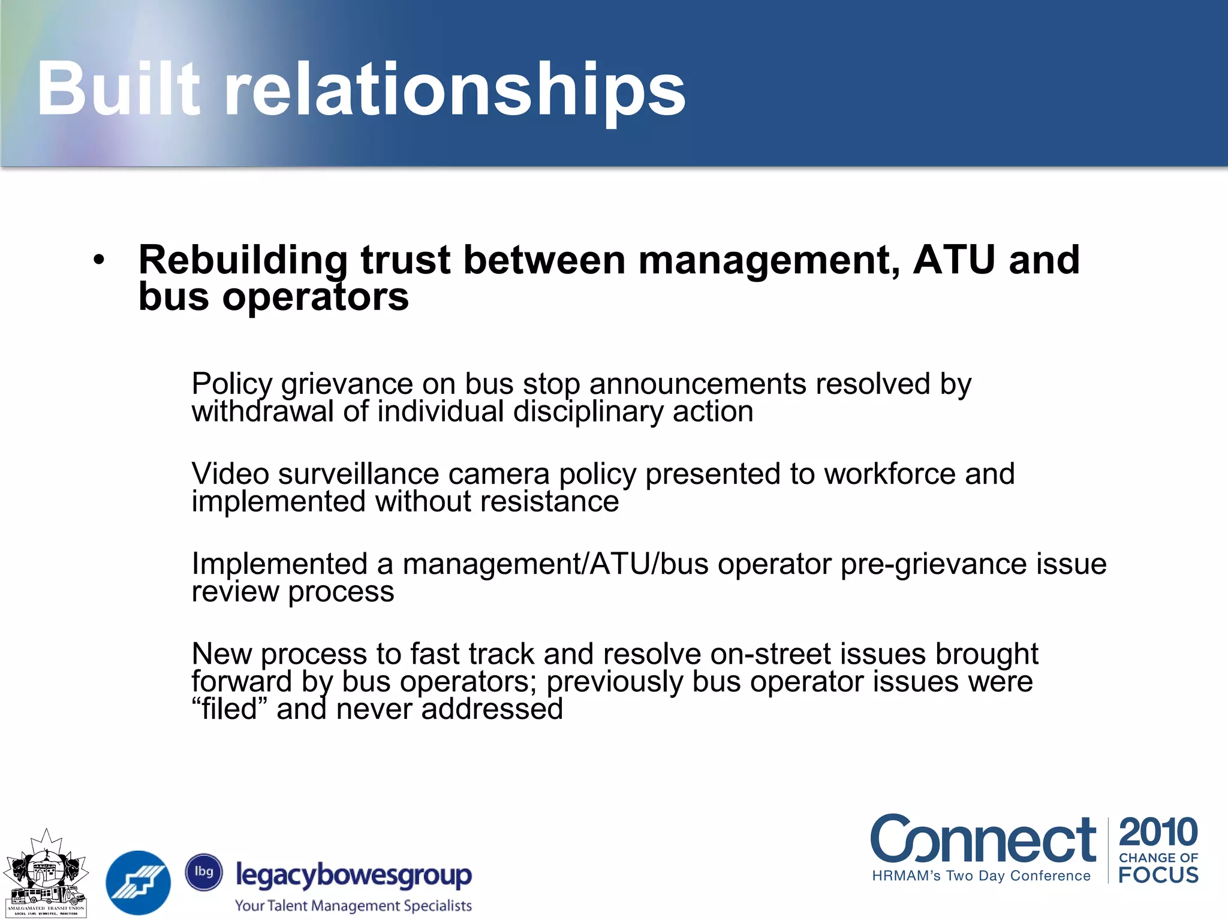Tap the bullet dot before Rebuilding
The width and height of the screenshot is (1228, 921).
pos(99,260)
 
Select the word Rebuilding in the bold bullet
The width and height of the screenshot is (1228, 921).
pos(243,261)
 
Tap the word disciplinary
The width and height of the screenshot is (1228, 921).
pos(588,412)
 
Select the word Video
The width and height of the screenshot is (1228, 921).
pos(230,474)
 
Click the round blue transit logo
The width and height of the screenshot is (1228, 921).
pos(138,882)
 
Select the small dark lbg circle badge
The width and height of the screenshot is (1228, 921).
pos(204,872)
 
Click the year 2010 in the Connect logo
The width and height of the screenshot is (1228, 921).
pos(1158,832)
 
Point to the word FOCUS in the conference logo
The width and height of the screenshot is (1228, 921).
pos(1158,875)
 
